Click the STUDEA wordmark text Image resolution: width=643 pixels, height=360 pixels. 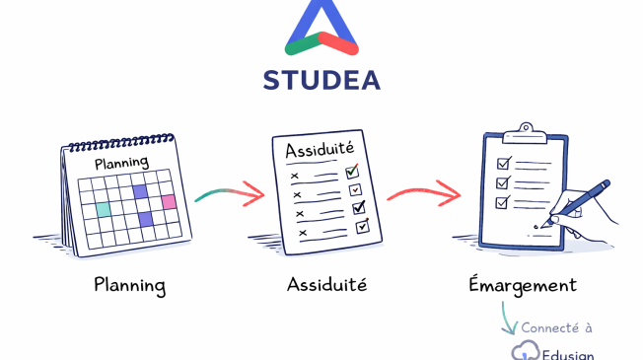[321, 79]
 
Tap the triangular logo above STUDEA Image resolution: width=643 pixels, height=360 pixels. [321, 32]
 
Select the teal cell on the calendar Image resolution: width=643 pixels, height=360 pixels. [103, 209]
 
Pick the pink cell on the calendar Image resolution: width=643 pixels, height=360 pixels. [169, 201]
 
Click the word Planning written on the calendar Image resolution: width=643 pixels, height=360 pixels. [120, 161]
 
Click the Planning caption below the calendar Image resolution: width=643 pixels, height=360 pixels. [129, 286]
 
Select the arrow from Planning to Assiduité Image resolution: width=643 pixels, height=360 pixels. [229, 193]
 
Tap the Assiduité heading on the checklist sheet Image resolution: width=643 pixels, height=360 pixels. [319, 151]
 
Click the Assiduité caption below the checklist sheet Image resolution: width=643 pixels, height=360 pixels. [326, 286]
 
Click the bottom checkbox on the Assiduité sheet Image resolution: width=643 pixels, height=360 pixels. [361, 226]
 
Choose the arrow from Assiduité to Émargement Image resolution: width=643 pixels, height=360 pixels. [422, 192]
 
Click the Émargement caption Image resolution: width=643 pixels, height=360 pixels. [522, 286]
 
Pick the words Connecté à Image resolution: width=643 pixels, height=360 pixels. [557, 327]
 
